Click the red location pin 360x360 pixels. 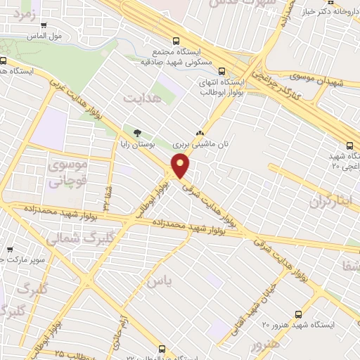[181, 166]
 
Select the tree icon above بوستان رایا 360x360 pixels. [137, 132]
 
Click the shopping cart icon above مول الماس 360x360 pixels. [44, 25]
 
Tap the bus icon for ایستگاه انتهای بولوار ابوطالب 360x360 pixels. [222, 71]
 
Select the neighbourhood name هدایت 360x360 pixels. [142, 97]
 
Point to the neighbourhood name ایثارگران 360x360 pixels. [329, 202]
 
